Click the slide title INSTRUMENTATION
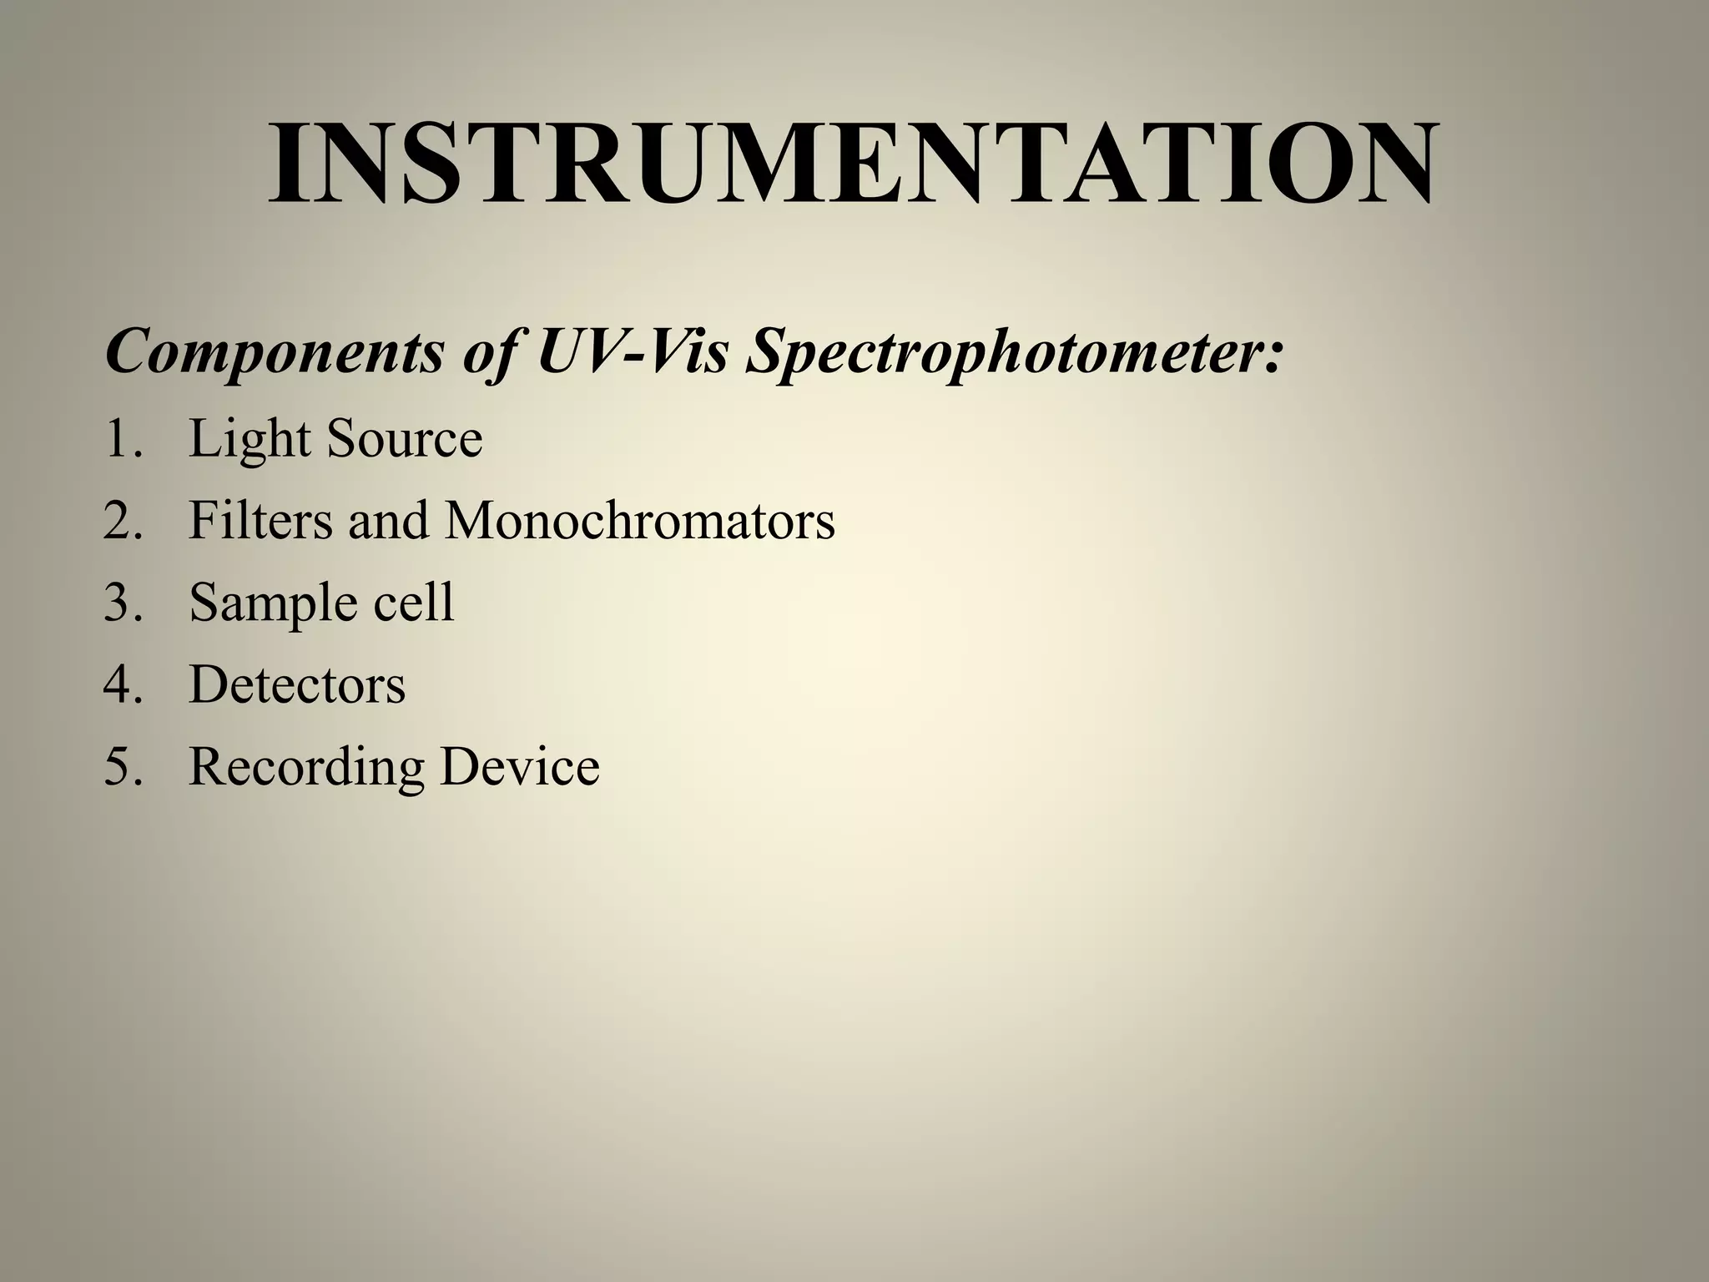pos(853,164)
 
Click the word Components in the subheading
pos(275,351)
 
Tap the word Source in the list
pos(405,439)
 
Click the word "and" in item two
pos(389,520)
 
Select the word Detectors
pos(297,684)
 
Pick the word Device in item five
pos(520,765)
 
